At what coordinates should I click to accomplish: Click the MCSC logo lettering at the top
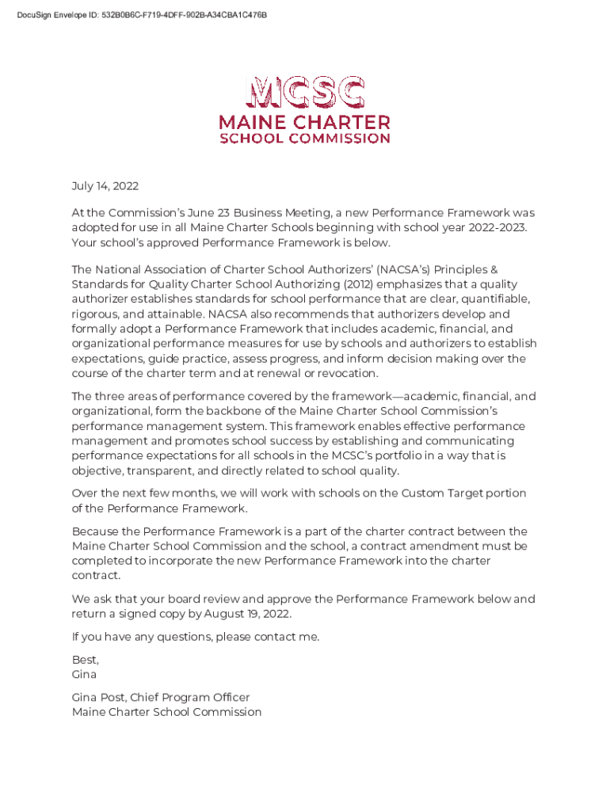pyautogui.click(x=305, y=93)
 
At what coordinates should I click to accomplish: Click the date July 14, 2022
pyautogui.click(x=105, y=187)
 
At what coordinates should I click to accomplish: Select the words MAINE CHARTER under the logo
pyautogui.click(x=305, y=123)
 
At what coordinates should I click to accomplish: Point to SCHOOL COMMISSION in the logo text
pyautogui.click(x=305, y=138)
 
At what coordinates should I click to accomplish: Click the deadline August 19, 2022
pyautogui.click(x=248, y=614)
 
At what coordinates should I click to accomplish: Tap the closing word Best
pyautogui.click(x=85, y=660)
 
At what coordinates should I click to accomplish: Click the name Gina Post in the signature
pyautogui.click(x=97, y=698)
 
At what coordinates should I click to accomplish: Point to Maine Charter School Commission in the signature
pyautogui.click(x=166, y=712)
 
